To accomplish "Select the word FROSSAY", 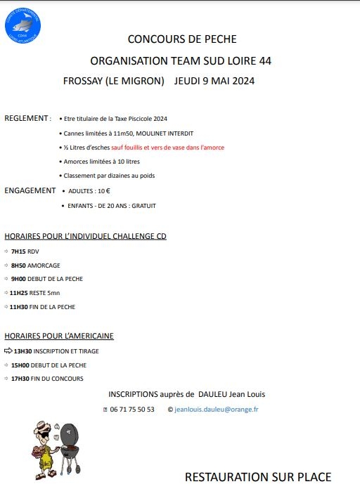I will pyautogui.click(x=82, y=81).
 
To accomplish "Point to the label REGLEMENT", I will pyautogui.click(x=27, y=118).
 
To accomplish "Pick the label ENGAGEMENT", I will pyautogui.click(x=30, y=190).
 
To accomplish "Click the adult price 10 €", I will pyautogui.click(x=103, y=191).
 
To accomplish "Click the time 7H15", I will pyautogui.click(x=18, y=251).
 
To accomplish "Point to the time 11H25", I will pyautogui.click(x=20, y=293).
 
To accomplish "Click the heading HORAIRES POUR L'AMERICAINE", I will pyautogui.click(x=59, y=336).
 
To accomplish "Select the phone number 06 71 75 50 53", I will pyautogui.click(x=132, y=410).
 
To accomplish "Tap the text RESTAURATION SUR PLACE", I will pyautogui.click(x=257, y=478).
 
